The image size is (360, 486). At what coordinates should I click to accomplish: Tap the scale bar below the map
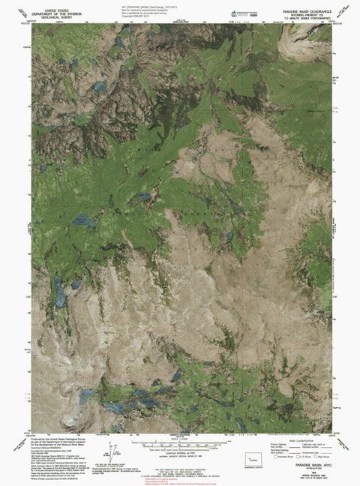[x=180, y=438]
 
